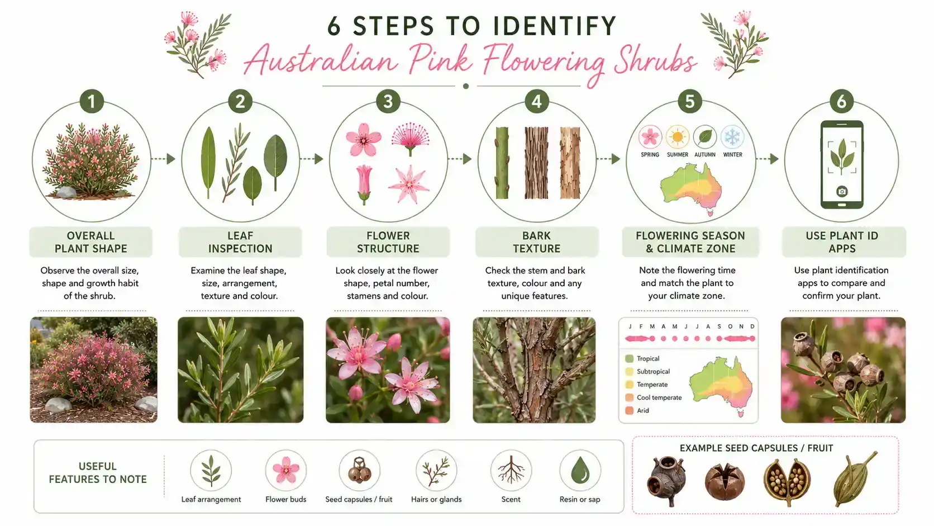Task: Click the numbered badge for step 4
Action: coord(536,101)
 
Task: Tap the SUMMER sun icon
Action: coord(677,137)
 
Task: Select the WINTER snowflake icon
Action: coord(732,137)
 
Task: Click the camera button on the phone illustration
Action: coord(842,192)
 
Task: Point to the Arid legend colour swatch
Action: coord(629,410)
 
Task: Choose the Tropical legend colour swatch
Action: coord(629,358)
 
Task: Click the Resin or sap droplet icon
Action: coord(580,470)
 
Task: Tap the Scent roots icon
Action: coord(511,470)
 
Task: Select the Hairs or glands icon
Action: coord(436,471)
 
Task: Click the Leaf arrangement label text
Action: coord(211,499)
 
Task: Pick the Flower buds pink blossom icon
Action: coord(285,470)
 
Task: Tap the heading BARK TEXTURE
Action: coord(536,242)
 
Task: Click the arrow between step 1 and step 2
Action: coord(163,159)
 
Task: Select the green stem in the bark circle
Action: coord(502,163)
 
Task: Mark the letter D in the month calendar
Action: coord(752,326)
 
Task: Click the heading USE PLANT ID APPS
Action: coord(842,242)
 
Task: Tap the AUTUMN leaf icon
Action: coord(704,137)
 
